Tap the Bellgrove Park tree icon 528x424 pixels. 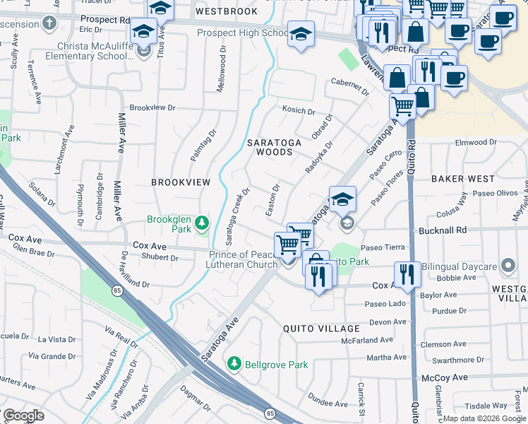(234, 363)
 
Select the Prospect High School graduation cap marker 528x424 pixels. (301, 35)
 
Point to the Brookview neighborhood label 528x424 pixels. (181, 182)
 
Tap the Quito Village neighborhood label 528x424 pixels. (321, 329)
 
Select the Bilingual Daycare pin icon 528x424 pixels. (508, 266)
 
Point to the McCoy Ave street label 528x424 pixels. (445, 378)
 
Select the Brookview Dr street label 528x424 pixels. (152, 107)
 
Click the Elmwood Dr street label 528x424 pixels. (476, 143)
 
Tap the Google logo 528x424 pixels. (23, 416)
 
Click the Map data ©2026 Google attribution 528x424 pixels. (484, 418)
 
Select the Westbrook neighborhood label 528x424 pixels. (227, 12)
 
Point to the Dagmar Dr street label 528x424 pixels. (196, 402)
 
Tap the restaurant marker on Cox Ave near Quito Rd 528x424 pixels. (406, 273)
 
